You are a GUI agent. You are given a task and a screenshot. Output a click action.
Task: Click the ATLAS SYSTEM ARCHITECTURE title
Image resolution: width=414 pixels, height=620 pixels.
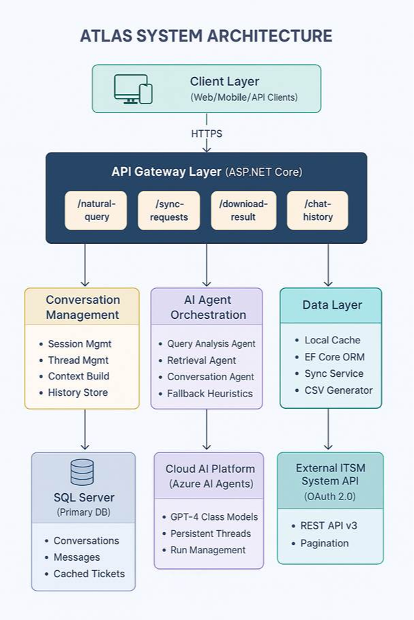pos(206,36)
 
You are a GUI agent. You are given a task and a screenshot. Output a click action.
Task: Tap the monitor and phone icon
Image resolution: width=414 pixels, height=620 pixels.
pos(132,89)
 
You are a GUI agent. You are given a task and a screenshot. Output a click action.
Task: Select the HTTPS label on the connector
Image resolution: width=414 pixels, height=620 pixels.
pos(206,134)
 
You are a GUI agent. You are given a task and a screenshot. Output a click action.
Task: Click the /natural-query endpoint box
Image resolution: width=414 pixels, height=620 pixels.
pos(95,210)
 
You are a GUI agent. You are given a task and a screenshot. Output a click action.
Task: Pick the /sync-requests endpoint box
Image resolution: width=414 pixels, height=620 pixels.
pos(168,210)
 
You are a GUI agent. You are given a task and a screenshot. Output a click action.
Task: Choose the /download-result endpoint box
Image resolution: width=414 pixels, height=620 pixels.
pos(243,210)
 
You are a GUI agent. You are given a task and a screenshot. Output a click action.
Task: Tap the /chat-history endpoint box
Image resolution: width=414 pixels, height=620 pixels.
pos(317,210)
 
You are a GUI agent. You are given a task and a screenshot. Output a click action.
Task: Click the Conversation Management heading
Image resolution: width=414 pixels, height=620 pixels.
pos(83,307)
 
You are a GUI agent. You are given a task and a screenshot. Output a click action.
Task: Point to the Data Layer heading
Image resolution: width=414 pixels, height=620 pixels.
pos(331,305)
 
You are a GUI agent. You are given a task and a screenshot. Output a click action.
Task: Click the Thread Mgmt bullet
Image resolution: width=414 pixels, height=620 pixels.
pos(78,360)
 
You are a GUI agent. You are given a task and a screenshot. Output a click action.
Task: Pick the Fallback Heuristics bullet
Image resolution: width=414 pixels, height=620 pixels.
pos(209,393)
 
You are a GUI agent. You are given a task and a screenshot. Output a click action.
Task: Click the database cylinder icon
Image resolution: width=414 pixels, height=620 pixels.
pos(83,472)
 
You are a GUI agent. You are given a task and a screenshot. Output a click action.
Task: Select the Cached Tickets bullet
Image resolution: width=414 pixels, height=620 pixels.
pos(89,574)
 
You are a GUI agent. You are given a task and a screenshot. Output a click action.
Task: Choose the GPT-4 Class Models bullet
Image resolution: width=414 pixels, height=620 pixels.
pos(211,517)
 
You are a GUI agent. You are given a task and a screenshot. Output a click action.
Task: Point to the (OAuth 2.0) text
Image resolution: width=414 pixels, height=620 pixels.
pos(331,497)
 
